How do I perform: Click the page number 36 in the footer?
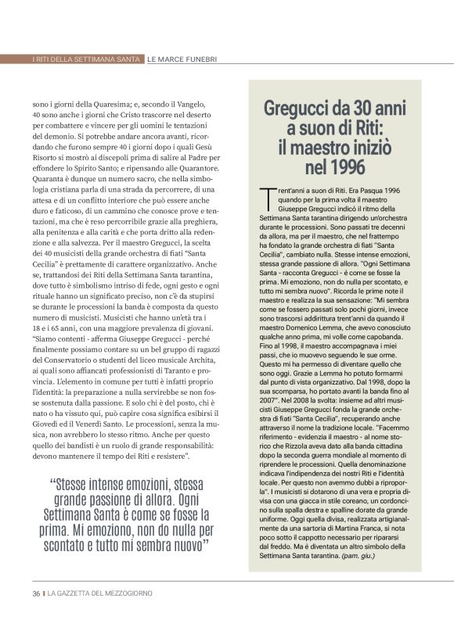pos(36,593)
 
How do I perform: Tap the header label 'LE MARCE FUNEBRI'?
pos(182,59)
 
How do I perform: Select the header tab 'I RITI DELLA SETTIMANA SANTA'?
pos(88,59)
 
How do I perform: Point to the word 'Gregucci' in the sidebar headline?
pos(298,107)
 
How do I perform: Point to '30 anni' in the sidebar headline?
pos(381,107)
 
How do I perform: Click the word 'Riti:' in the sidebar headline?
pos(383,127)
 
